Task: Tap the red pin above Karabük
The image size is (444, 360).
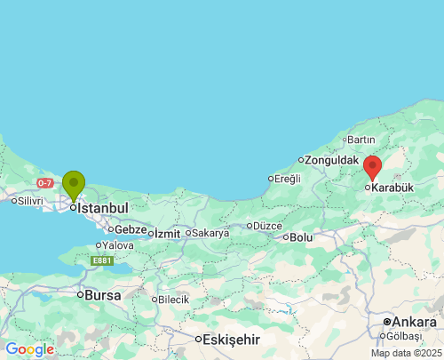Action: click(373, 166)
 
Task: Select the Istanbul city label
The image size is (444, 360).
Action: click(102, 208)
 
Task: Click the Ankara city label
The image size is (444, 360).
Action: click(414, 321)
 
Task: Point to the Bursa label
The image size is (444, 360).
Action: click(102, 294)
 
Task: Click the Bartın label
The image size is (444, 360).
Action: click(361, 140)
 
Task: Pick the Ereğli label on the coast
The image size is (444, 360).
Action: click(288, 179)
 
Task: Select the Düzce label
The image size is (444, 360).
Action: click(267, 226)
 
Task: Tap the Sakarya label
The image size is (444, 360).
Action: click(210, 233)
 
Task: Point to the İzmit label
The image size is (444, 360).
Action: click(167, 234)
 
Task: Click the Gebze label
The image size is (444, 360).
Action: click(131, 229)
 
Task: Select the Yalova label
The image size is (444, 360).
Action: click(118, 245)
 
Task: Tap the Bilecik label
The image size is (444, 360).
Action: click(174, 300)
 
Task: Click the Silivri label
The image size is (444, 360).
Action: click(30, 201)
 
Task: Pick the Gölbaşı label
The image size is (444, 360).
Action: click(404, 336)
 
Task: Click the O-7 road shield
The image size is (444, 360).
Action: click(45, 183)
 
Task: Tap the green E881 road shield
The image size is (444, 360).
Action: click(102, 260)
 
